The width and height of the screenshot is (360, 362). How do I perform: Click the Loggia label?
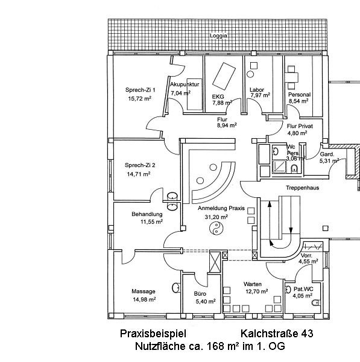(218, 36)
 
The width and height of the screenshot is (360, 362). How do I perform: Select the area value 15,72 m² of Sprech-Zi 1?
(140, 98)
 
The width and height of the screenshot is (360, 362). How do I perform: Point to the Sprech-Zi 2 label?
(140, 165)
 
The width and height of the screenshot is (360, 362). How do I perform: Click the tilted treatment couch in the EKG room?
(224, 76)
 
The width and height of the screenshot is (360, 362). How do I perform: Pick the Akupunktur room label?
(185, 84)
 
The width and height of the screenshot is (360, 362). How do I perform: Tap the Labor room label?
(257, 89)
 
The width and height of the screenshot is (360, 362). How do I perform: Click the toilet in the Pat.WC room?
(316, 302)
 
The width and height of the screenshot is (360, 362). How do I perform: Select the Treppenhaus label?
(302, 188)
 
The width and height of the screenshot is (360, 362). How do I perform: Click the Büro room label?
(200, 294)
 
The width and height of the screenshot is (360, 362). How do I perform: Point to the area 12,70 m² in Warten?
(257, 291)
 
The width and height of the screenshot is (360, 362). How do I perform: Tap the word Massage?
(144, 291)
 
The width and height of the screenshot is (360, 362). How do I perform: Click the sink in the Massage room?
(176, 288)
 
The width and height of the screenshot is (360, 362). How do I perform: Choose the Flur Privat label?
(300, 126)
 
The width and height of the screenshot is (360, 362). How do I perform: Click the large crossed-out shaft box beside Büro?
(215, 262)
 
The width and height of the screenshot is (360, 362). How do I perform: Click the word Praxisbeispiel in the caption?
(153, 334)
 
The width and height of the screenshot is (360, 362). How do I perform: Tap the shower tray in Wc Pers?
(279, 167)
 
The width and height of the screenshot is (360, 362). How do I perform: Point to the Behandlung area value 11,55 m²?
(151, 221)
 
